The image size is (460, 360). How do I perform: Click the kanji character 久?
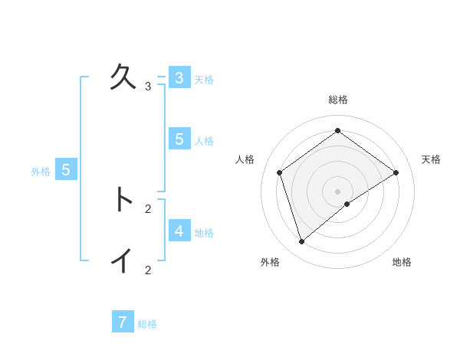(x=123, y=77)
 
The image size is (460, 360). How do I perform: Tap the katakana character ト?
(x=123, y=199)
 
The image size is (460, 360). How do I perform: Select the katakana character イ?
(x=123, y=260)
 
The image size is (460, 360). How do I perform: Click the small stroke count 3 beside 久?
(x=148, y=87)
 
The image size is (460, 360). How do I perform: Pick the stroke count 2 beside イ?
(x=148, y=270)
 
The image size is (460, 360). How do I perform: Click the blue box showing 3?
(x=179, y=78)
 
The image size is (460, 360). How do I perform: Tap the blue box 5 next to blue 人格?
(x=179, y=139)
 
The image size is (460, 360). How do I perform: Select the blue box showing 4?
(x=179, y=231)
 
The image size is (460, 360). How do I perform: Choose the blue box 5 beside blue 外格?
(x=66, y=170)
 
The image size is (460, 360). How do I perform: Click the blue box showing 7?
(x=123, y=322)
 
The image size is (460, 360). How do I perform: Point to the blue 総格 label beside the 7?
(x=147, y=324)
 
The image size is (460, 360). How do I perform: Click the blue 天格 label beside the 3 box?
(x=204, y=80)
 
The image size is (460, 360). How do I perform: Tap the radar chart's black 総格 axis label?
(x=338, y=100)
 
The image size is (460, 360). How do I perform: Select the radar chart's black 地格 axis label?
(x=402, y=263)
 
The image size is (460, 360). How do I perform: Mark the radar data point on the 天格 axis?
(x=396, y=172)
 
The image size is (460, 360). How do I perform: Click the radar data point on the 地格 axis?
(x=347, y=204)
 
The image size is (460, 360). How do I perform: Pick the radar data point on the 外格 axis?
(x=302, y=242)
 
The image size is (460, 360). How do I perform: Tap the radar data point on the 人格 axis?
(x=280, y=172)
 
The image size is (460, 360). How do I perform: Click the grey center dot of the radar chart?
(x=338, y=191)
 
